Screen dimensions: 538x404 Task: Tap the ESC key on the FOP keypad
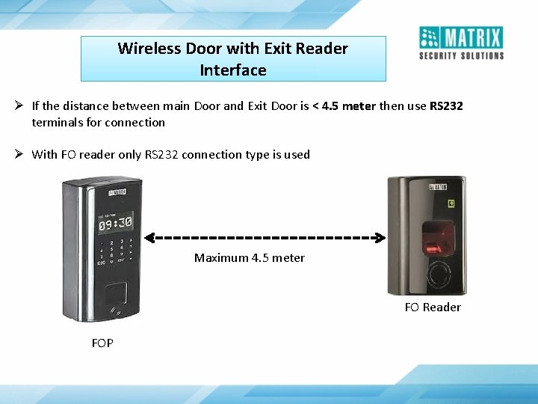(x=101, y=263)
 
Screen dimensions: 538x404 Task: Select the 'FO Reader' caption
(x=433, y=307)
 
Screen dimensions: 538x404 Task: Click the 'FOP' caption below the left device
(x=102, y=343)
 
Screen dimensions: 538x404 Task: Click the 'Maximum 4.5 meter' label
(x=250, y=257)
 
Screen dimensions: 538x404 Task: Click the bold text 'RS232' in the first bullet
(x=446, y=105)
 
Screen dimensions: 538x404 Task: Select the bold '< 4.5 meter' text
(x=344, y=105)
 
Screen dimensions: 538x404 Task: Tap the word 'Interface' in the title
(x=233, y=70)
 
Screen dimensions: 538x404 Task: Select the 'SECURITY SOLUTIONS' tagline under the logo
(x=461, y=55)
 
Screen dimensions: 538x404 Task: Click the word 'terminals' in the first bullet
(x=56, y=122)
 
